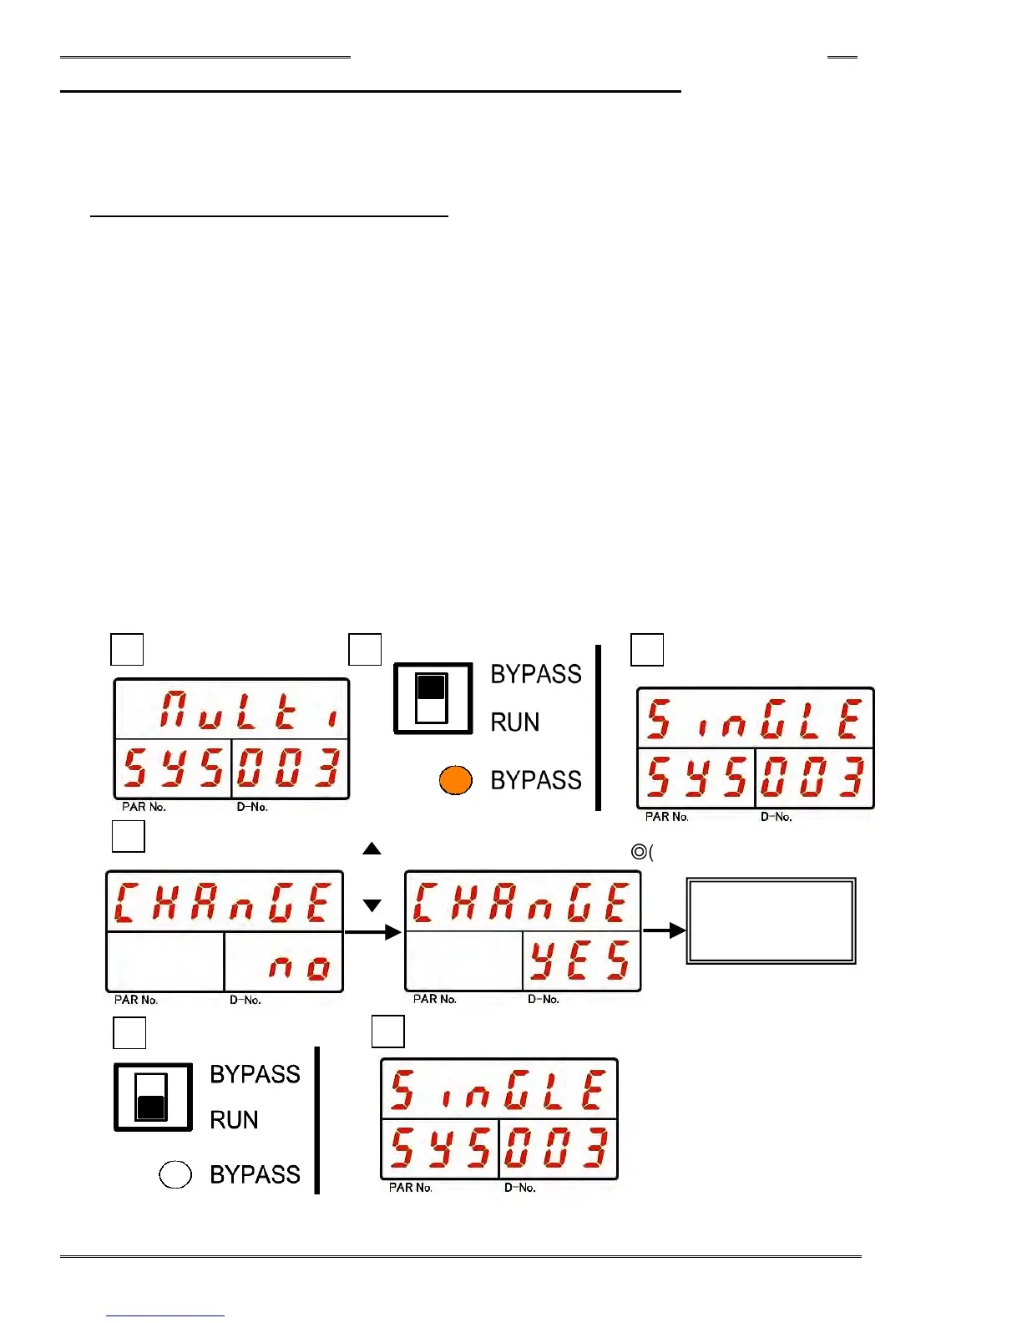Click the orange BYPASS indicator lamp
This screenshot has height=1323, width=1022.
coord(456,780)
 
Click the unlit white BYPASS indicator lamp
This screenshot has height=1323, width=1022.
coord(175,1174)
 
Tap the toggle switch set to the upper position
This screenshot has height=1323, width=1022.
coord(433,698)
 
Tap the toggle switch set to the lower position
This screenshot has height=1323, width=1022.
coord(152,1097)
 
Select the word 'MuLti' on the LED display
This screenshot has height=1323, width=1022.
coord(250,710)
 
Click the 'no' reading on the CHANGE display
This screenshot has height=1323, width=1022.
coord(299,967)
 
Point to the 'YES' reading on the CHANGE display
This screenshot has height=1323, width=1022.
coord(579,961)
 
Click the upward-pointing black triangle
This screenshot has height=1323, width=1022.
coord(372,849)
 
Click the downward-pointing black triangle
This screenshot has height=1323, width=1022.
coord(372,905)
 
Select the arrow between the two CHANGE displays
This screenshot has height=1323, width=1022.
coord(372,932)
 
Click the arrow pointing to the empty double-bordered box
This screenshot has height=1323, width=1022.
coord(664,930)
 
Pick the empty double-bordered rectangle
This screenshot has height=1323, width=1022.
coord(771,920)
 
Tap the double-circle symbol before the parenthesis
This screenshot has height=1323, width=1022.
coord(639,852)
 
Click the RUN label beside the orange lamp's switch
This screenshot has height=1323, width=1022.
coord(514,722)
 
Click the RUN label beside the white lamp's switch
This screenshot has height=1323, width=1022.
coord(234,1120)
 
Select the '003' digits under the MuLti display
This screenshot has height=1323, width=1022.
coord(289,768)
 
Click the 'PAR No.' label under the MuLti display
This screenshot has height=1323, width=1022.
coord(144,807)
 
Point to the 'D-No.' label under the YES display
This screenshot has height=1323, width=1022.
coord(543,999)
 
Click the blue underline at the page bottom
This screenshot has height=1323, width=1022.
coord(165,1315)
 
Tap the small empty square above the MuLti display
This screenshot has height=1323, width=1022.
coord(127,649)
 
